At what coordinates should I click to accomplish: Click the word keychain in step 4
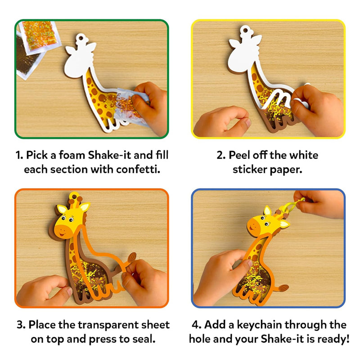point(260,325)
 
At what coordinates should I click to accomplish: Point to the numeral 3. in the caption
point(21,325)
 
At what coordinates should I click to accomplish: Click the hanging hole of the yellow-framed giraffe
point(245,30)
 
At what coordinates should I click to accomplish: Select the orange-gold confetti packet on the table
point(40,36)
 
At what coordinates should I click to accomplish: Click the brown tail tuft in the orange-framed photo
point(131,257)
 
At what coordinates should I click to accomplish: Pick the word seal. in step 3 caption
point(144,339)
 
